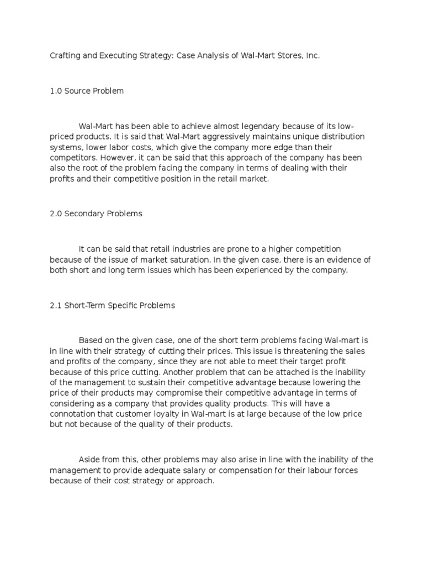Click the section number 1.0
pyautogui.click(x=56, y=91)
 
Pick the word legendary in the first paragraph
pyautogui.click(x=262, y=126)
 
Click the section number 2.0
pyautogui.click(x=56, y=214)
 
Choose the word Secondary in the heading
pyautogui.click(x=83, y=214)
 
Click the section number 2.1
pyautogui.click(x=56, y=305)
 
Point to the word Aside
pyautogui.click(x=90, y=460)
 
